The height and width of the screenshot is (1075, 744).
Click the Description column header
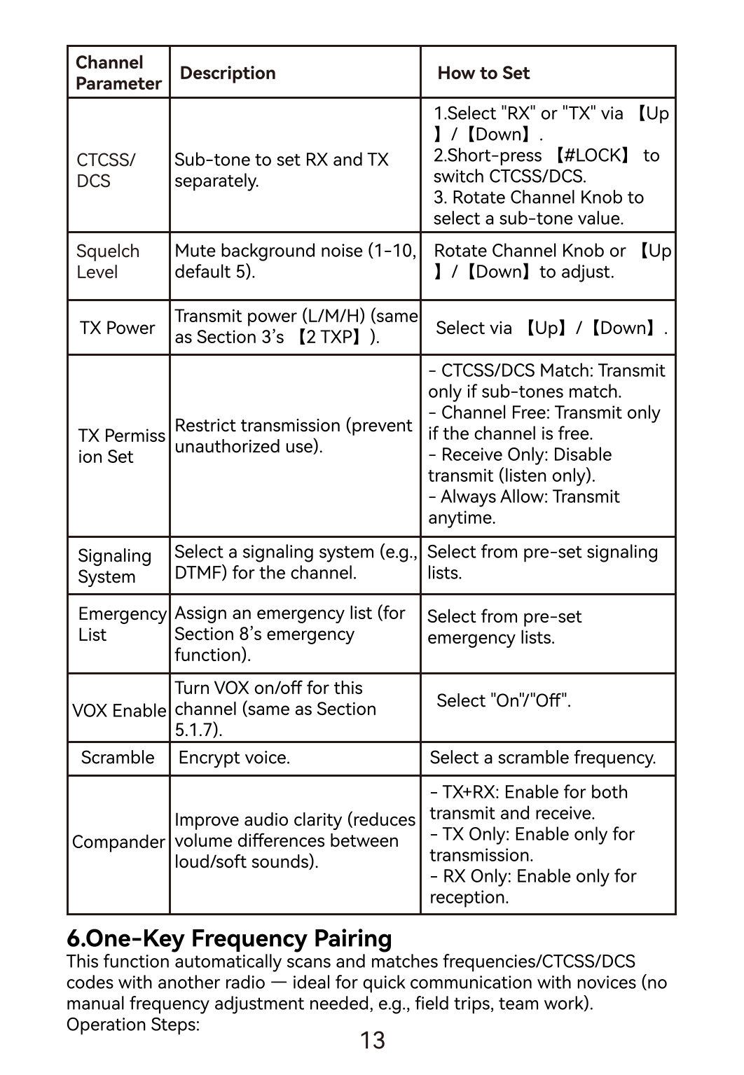tap(228, 73)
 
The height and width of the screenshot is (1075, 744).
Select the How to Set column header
tap(483, 73)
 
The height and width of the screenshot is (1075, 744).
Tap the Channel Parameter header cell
tap(118, 73)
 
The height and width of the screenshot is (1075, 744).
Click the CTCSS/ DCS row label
tap(106, 170)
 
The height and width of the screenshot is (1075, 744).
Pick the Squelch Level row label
tap(108, 261)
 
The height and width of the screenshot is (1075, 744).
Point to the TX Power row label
tap(117, 328)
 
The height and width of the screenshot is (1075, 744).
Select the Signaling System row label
tap(114, 566)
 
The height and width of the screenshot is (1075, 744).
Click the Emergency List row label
tap(122, 624)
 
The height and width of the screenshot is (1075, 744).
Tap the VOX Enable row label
tap(119, 710)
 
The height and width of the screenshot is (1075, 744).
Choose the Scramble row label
tap(118, 758)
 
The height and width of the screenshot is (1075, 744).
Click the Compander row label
tap(118, 842)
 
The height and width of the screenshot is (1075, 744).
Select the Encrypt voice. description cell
tap(234, 758)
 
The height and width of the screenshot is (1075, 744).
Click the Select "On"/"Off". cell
tap(504, 700)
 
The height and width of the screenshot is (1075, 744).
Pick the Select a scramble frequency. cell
tap(543, 758)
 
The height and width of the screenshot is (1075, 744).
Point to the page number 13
tap(373, 1041)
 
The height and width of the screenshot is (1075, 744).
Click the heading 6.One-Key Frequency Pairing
tap(229, 938)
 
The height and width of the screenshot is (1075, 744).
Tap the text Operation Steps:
tap(133, 1025)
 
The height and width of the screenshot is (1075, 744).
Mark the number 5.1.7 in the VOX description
tap(195, 730)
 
